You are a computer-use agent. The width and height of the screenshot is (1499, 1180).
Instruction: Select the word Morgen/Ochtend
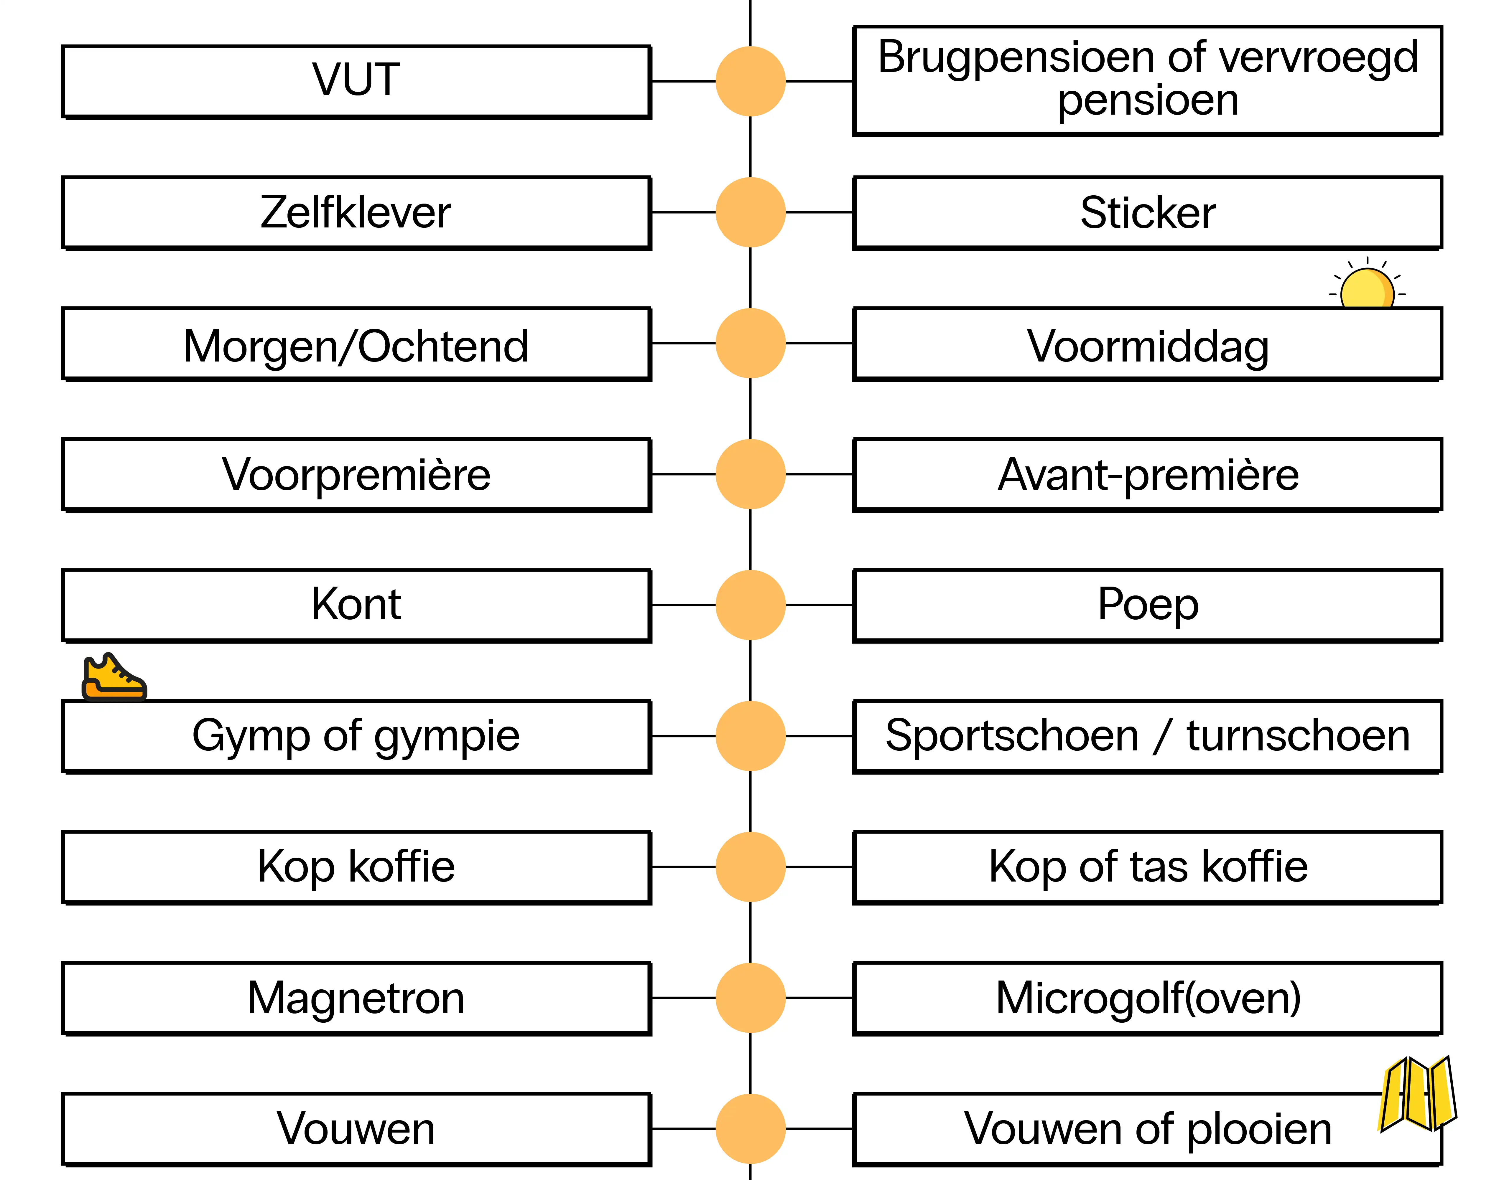point(356,345)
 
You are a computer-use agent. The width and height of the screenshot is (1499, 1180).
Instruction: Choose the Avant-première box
point(1147,475)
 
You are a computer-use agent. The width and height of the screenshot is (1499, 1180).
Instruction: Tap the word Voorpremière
point(356,475)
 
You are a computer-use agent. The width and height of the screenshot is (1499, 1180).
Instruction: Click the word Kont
point(356,605)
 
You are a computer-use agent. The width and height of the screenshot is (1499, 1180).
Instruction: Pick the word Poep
point(1147,605)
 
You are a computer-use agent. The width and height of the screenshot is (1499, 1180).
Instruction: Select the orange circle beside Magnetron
point(751,998)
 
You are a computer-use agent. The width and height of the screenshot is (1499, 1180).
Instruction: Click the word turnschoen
point(1298,736)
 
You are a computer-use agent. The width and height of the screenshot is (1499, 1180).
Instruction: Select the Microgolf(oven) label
point(1147,998)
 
